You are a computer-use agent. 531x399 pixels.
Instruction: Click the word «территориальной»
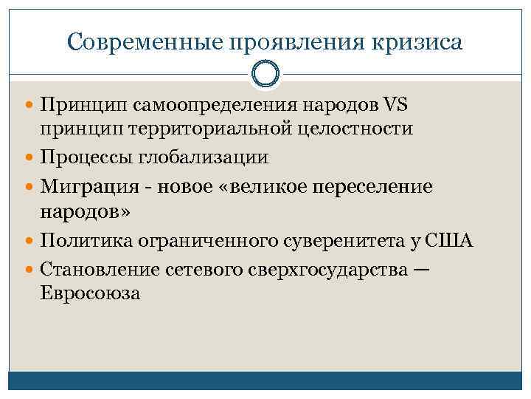click(x=207, y=129)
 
